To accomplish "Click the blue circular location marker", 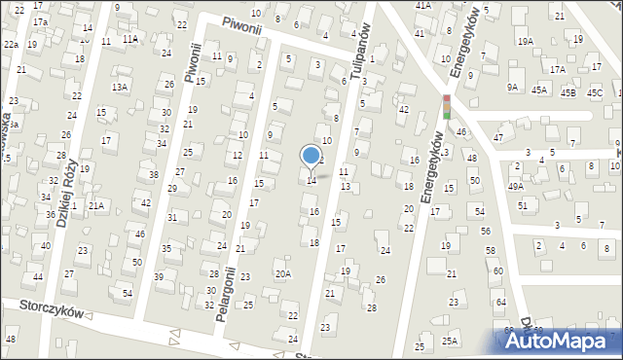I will coord(311,155).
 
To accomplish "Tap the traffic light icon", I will coord(447,108).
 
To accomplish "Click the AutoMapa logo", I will coord(562,340).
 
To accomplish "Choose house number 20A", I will coord(282,273).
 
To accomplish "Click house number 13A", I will coord(120,87).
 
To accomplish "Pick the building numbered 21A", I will coord(95,205).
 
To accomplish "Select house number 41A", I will coord(422,5).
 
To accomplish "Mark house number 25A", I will coord(450,341).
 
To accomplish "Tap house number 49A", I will coord(515,186).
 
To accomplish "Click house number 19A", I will coord(526,41).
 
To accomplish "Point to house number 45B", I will coord(568,92).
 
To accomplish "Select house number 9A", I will coord(512,87).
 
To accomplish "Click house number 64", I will coord(501,303).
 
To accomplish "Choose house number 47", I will coord(497,138).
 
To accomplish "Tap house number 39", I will coord(159,276).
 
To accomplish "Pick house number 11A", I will coord(129,39).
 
